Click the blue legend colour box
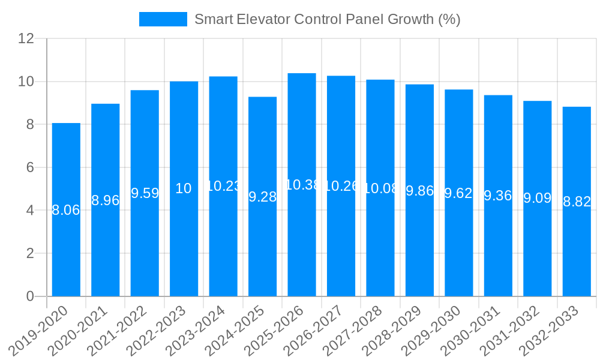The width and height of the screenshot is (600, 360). pyautogui.click(x=163, y=19)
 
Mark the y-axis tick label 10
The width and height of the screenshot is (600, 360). pyautogui.click(x=26, y=82)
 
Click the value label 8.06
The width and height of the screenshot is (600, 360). pyautogui.click(x=66, y=210)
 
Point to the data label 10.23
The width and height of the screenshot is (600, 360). pyautogui.click(x=223, y=186)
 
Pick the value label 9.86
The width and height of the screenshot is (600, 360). pyautogui.click(x=419, y=191)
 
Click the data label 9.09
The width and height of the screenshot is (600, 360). pyautogui.click(x=537, y=198)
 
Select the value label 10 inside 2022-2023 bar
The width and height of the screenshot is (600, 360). pyautogui.click(x=184, y=188)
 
